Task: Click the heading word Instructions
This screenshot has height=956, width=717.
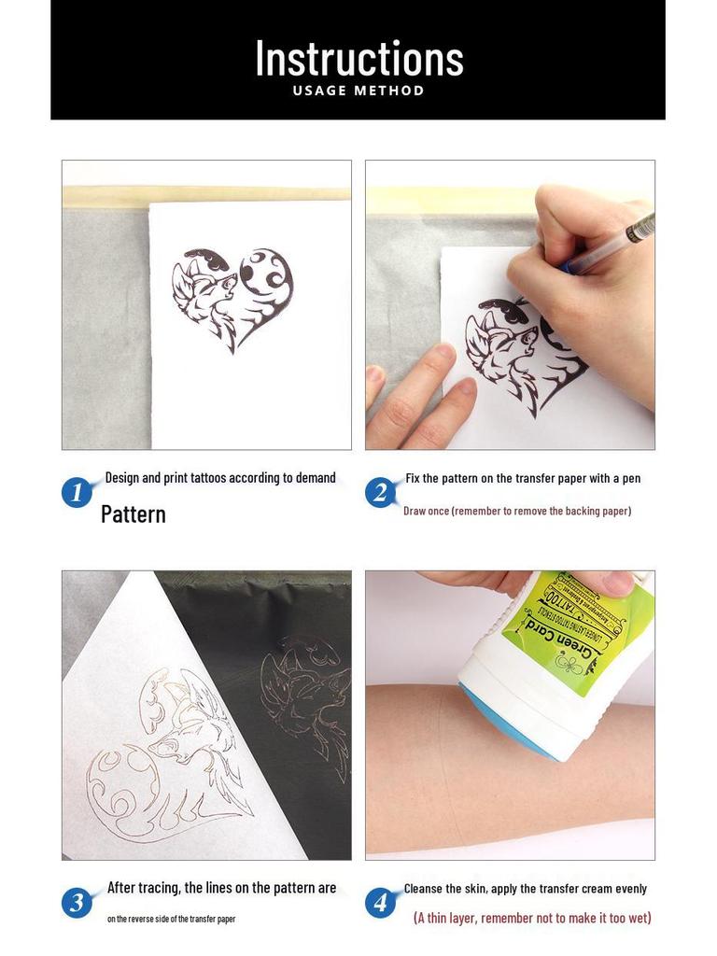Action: (358, 58)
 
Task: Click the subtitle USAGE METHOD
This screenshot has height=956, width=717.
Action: (358, 91)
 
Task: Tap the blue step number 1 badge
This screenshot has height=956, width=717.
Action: (77, 491)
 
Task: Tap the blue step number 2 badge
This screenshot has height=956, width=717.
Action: (380, 491)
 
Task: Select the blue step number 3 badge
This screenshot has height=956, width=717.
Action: (77, 902)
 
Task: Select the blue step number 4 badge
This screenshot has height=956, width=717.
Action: (380, 902)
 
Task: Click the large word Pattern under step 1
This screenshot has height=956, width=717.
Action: (134, 514)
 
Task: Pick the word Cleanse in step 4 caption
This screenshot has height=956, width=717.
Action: (426, 889)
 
